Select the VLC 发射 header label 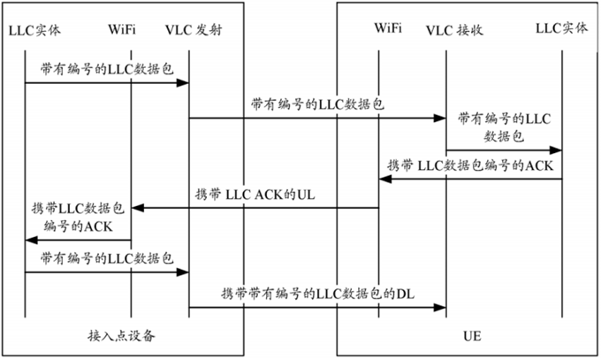pos(193,30)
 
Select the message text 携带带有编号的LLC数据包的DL pos(315,293)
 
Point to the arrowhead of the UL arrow pos(137,208)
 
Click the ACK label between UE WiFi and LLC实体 pos(471,165)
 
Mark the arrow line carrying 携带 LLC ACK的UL pos(256,208)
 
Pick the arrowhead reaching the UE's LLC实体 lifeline pos(557,150)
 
